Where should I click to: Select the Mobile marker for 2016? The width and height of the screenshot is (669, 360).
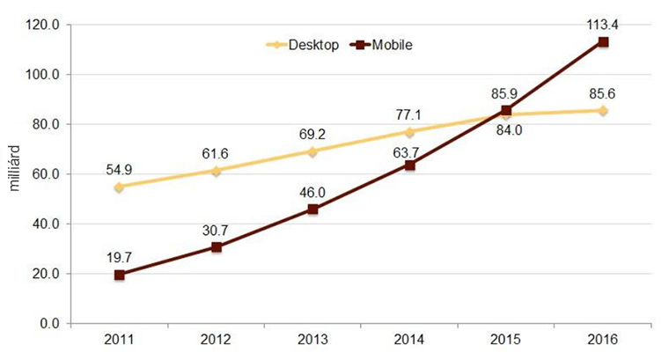(603, 41)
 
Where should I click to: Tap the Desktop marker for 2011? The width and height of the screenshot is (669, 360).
(120, 187)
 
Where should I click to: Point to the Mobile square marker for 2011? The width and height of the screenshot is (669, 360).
(120, 275)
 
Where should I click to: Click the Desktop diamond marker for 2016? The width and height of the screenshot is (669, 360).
(603, 111)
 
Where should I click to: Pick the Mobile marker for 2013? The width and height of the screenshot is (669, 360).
(312, 209)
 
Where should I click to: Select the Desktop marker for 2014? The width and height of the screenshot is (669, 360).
(409, 132)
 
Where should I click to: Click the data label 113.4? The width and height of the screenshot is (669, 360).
(603, 24)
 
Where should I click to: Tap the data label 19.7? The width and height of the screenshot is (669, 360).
(120, 257)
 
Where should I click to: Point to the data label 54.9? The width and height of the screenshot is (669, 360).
(120, 168)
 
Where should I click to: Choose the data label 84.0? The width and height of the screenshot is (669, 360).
(506, 133)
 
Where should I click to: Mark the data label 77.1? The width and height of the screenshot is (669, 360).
(409, 114)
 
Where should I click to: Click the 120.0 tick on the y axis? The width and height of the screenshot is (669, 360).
(43, 26)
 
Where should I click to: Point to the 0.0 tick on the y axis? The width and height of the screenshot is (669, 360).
(48, 324)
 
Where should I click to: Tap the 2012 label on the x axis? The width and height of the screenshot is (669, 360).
(216, 340)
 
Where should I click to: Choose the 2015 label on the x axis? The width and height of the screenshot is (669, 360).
(506, 340)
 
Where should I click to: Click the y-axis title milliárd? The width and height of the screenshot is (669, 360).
(11, 174)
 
